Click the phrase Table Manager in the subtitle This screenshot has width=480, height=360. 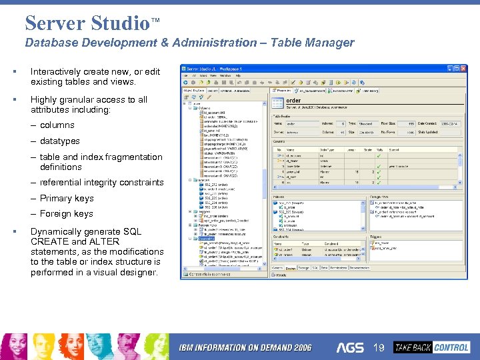point(317,43)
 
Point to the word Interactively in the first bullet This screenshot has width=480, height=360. point(57,71)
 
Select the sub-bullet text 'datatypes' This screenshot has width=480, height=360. point(59,141)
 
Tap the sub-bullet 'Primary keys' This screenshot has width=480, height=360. point(67,198)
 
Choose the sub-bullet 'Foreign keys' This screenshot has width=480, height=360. point(66,214)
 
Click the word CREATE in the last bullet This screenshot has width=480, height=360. point(49,241)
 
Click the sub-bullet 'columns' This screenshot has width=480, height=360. point(57,125)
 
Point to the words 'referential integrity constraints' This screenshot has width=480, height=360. point(101,182)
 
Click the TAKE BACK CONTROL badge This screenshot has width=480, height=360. point(431,347)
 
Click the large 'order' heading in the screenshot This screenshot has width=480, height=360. point(293,101)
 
